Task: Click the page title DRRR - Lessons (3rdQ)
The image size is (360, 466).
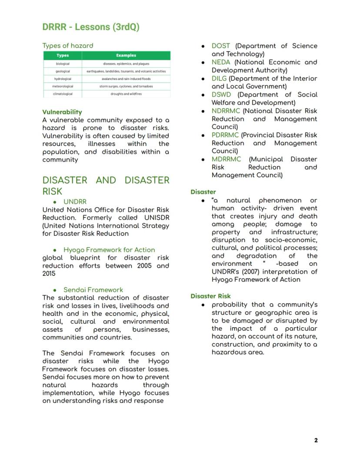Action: click(91, 27)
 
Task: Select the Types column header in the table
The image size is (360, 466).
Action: click(63, 55)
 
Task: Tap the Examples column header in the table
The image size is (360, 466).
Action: click(126, 55)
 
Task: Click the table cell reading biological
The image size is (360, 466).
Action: click(63, 64)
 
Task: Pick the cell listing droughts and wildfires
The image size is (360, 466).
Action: click(126, 94)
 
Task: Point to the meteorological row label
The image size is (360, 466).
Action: click(63, 86)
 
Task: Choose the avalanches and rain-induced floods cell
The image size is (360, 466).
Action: click(126, 79)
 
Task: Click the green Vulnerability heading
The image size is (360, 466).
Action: click(62, 112)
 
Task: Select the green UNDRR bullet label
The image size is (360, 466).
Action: click(75, 202)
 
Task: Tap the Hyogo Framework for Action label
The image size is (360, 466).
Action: click(109, 250)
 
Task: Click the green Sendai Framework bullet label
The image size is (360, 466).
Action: click(93, 290)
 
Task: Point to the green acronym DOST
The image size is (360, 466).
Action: click(221, 46)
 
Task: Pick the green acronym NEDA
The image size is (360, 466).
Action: click(221, 62)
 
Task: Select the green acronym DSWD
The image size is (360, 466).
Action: click(221, 94)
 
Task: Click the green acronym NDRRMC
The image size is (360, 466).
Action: click(226, 111)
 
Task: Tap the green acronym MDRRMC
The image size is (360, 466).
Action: click(226, 159)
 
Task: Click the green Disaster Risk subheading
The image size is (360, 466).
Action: click(210, 296)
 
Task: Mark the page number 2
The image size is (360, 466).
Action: click(316, 440)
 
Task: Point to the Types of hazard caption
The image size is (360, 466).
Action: click(68, 45)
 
